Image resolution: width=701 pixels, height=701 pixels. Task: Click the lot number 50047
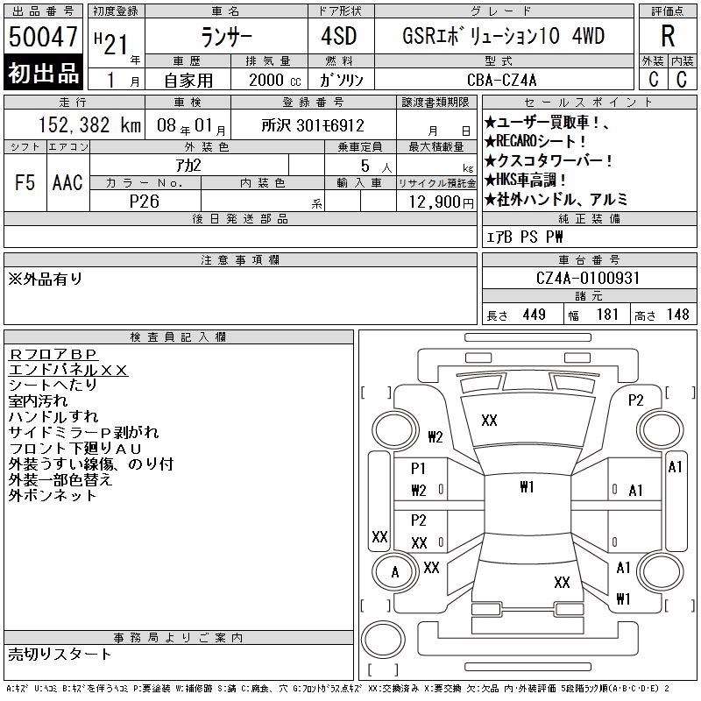43,36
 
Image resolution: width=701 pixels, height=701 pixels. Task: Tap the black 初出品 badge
43,72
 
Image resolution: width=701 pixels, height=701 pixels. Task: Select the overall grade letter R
668,36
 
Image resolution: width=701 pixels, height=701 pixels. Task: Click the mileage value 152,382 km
89,124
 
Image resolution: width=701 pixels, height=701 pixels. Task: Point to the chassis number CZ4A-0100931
587,278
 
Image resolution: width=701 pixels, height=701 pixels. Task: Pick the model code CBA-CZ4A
501,80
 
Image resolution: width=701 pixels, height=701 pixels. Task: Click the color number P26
144,202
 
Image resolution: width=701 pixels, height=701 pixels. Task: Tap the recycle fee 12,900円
441,202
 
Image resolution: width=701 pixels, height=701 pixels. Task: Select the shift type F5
25,182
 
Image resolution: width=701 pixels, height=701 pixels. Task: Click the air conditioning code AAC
67,182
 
